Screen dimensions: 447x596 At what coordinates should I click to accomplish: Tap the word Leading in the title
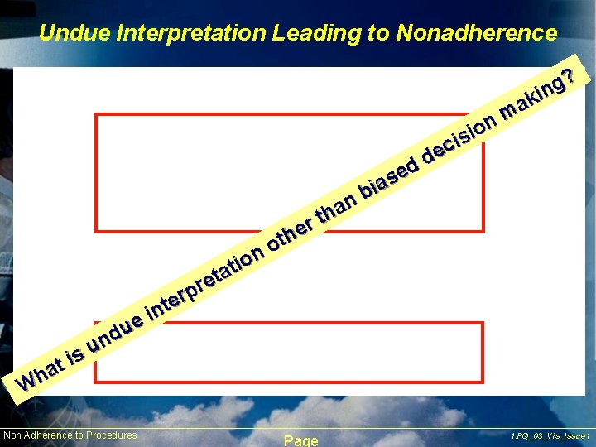point(311,33)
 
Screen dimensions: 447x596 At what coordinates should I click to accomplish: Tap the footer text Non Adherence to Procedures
point(70,435)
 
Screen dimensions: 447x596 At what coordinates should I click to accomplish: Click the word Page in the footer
point(300,440)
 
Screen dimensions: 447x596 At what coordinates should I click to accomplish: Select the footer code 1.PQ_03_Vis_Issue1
point(550,435)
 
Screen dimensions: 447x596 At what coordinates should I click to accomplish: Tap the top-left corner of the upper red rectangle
point(97,115)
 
